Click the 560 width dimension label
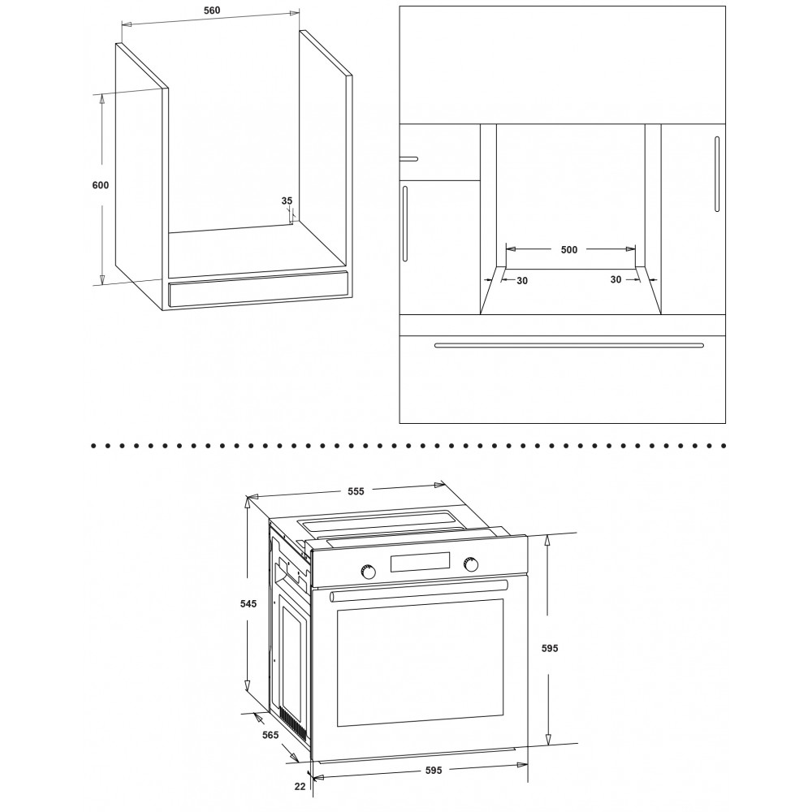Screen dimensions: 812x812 (x=211, y=11)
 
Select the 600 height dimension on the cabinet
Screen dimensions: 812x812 (x=101, y=185)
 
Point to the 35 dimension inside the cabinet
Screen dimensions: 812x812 (x=287, y=201)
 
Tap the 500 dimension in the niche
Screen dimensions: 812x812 (x=569, y=249)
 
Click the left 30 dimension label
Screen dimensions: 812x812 (x=522, y=281)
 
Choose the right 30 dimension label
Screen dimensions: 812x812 (x=615, y=279)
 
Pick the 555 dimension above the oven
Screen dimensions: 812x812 (x=356, y=491)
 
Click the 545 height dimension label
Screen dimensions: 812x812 (x=248, y=603)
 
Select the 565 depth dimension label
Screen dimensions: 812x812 (x=270, y=734)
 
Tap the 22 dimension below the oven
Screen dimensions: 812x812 (x=300, y=786)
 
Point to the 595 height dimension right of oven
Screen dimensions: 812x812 (x=550, y=648)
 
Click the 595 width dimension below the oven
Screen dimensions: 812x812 (x=434, y=770)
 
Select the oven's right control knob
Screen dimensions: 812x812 (x=471, y=564)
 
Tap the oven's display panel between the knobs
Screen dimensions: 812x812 (x=420, y=563)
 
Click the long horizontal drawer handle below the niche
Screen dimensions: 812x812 (x=569, y=345)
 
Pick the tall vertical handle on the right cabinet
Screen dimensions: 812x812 (x=717, y=174)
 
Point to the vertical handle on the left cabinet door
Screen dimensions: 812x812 (x=405, y=224)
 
